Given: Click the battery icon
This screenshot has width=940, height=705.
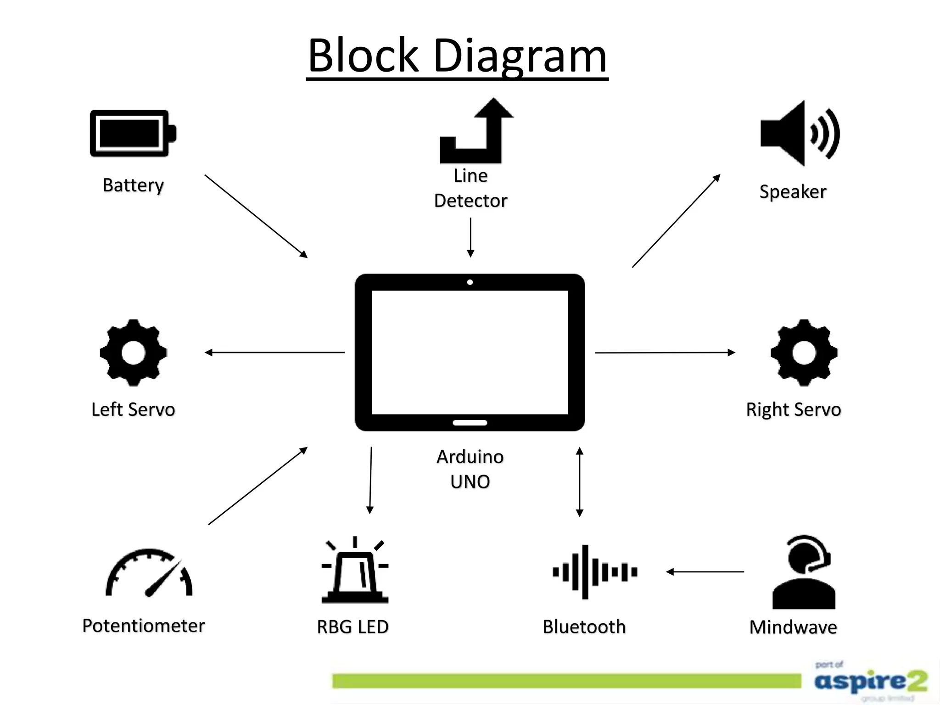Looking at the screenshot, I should point(132,134).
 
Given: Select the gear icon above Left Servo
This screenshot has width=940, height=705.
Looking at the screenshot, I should point(134,352).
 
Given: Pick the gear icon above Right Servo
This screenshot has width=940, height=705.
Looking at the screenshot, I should point(804,352).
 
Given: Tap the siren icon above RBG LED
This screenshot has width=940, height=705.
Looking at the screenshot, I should point(355,571).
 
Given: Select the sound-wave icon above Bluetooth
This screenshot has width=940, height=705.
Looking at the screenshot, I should point(595,572).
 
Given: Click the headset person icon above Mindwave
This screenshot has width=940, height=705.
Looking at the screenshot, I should point(804,573).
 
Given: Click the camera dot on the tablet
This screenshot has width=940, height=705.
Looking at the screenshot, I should point(470,282).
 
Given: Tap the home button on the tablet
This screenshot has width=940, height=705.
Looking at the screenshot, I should point(470,423).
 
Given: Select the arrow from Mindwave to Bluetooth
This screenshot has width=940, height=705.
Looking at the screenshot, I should point(705,572).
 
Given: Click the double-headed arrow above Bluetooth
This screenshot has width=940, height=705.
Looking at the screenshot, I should point(580,482).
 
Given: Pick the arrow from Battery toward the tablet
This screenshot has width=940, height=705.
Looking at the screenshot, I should point(256,216).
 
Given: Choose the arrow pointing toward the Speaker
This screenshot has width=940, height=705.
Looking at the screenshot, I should point(676,221).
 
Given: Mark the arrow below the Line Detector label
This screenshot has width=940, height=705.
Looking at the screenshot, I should point(470,237).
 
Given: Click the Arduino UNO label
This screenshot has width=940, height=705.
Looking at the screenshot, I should point(470,469).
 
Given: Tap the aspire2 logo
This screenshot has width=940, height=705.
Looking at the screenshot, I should point(870,681).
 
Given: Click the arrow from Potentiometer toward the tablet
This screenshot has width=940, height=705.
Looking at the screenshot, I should point(257,486).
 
